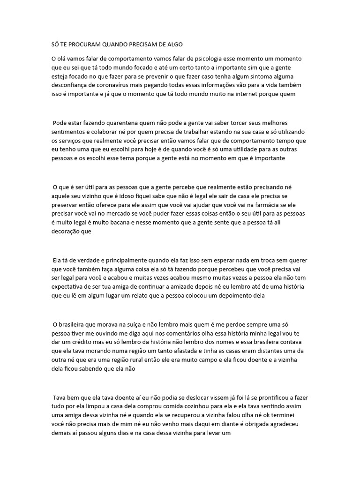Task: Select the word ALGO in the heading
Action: click(173, 44)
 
